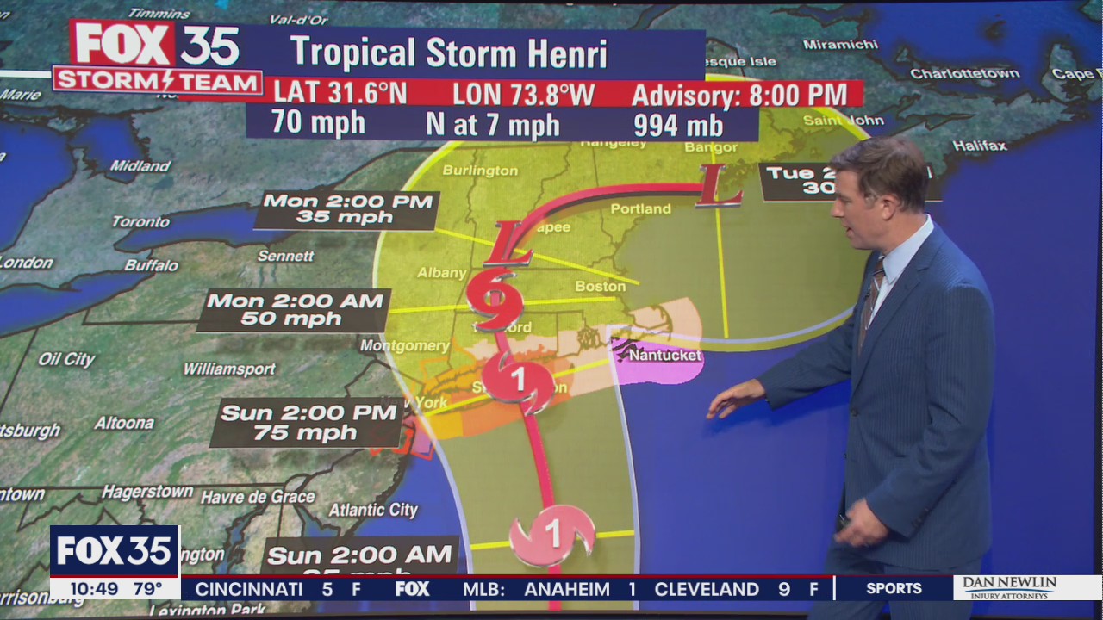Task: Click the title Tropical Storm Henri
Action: [448, 53]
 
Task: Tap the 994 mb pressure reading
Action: [677, 125]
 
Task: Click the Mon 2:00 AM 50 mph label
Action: [294, 310]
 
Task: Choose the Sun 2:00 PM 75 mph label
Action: [307, 422]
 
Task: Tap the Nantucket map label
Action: [664, 355]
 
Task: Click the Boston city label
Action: [601, 286]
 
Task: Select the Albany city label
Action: [441, 273]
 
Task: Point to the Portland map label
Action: [640, 208]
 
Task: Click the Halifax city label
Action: [979, 146]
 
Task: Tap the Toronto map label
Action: [140, 222]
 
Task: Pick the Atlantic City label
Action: [373, 510]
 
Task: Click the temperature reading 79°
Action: [147, 589]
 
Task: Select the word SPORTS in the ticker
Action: [894, 588]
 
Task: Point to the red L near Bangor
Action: [719, 186]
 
